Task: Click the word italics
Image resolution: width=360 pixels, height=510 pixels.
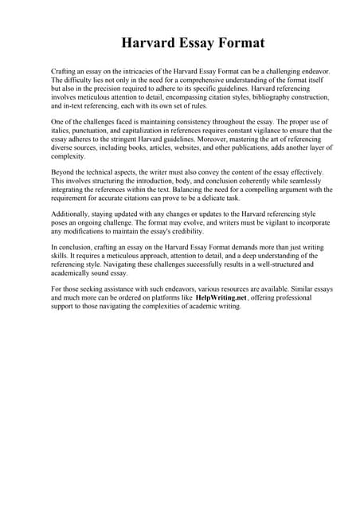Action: [x=61, y=130]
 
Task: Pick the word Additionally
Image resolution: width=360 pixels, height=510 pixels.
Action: [x=72, y=215]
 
